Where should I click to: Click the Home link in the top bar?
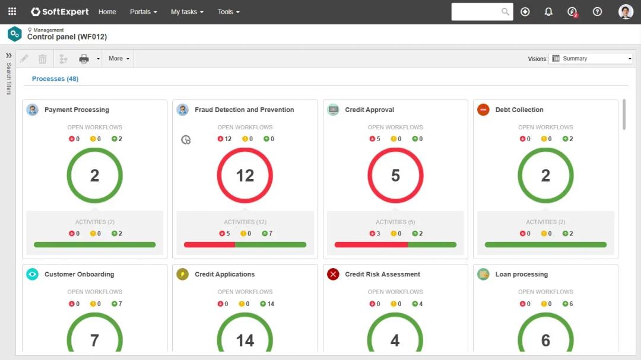coord(107,12)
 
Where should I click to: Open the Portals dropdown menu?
coord(143,12)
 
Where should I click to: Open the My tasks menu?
coord(187,12)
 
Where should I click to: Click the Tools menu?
coord(229,12)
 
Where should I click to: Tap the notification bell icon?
coord(548,12)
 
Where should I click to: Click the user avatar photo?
coord(626,12)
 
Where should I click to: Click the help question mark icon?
coord(597,12)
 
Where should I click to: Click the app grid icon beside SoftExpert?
coord(12,12)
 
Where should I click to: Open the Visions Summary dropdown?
coord(591,59)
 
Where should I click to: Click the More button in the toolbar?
coord(119,59)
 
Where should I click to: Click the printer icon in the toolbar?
coord(84,59)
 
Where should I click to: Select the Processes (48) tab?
coord(55,79)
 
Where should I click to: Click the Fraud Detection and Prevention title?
coord(244,110)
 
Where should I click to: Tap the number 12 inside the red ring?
coord(245,176)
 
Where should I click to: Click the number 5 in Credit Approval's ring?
coord(395,176)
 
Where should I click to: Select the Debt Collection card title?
coord(519,110)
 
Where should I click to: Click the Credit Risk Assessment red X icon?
coord(333,274)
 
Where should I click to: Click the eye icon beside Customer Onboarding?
coord(33,274)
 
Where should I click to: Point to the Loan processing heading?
coord(521,275)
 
